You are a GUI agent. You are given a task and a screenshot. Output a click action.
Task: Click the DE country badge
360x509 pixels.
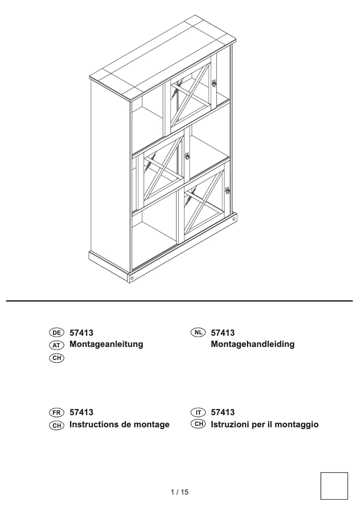pyautogui.click(x=57, y=333)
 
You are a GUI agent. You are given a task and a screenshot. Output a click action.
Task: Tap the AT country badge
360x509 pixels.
pyautogui.click(x=57, y=345)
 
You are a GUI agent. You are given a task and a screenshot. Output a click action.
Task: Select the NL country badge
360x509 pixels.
pyautogui.click(x=198, y=333)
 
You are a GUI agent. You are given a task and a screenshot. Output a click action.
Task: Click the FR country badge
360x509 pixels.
pyautogui.click(x=57, y=412)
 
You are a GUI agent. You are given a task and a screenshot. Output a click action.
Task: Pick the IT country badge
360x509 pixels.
pyautogui.click(x=198, y=412)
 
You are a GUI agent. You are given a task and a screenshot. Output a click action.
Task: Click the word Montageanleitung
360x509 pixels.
pyautogui.click(x=106, y=344)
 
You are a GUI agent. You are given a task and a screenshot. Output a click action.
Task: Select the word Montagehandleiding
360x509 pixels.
pyautogui.click(x=252, y=344)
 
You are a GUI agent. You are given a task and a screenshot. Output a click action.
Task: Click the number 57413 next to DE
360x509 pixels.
pyautogui.click(x=81, y=333)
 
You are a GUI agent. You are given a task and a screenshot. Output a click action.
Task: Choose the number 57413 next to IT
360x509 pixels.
pyautogui.click(x=223, y=412)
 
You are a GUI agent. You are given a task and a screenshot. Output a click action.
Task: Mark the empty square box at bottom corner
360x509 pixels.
pyautogui.click(x=334, y=486)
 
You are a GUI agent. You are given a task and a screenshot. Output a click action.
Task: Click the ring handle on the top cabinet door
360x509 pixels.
pyautogui.click(x=215, y=83)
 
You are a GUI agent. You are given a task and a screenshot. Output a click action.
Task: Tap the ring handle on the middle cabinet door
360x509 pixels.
pyautogui.click(x=187, y=157)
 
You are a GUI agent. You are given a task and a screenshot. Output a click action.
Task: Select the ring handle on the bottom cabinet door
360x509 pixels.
pyautogui.click(x=228, y=190)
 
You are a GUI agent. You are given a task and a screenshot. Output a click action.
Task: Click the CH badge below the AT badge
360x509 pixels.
pyautogui.click(x=57, y=358)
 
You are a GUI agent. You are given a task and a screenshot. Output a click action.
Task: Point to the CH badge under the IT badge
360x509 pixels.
pyautogui.click(x=198, y=424)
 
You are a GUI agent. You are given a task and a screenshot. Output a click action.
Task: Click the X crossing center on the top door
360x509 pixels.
pyautogui.click(x=190, y=96)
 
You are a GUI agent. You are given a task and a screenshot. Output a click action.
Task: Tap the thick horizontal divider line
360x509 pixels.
pyautogui.click(x=180, y=301)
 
